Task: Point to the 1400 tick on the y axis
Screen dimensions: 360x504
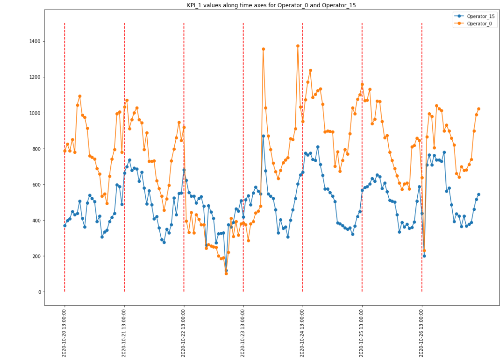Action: tap(34, 42)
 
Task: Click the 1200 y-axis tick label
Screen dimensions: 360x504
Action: tap(34, 77)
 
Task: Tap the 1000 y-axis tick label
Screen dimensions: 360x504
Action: tap(34, 113)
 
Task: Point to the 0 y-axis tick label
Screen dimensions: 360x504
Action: tap(39, 292)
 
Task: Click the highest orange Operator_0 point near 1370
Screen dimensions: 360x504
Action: tap(298, 46)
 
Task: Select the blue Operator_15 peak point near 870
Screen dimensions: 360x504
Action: tap(263, 136)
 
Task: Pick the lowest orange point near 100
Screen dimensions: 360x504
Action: tap(226, 274)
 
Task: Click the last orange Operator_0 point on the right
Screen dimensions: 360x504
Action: tap(479, 109)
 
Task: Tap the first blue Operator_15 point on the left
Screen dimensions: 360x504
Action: tap(65, 225)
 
